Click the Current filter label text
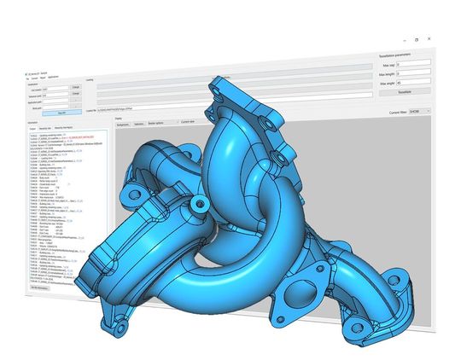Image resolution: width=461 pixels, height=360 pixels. pos(389,112)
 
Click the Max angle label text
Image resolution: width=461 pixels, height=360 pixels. pos(388,83)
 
